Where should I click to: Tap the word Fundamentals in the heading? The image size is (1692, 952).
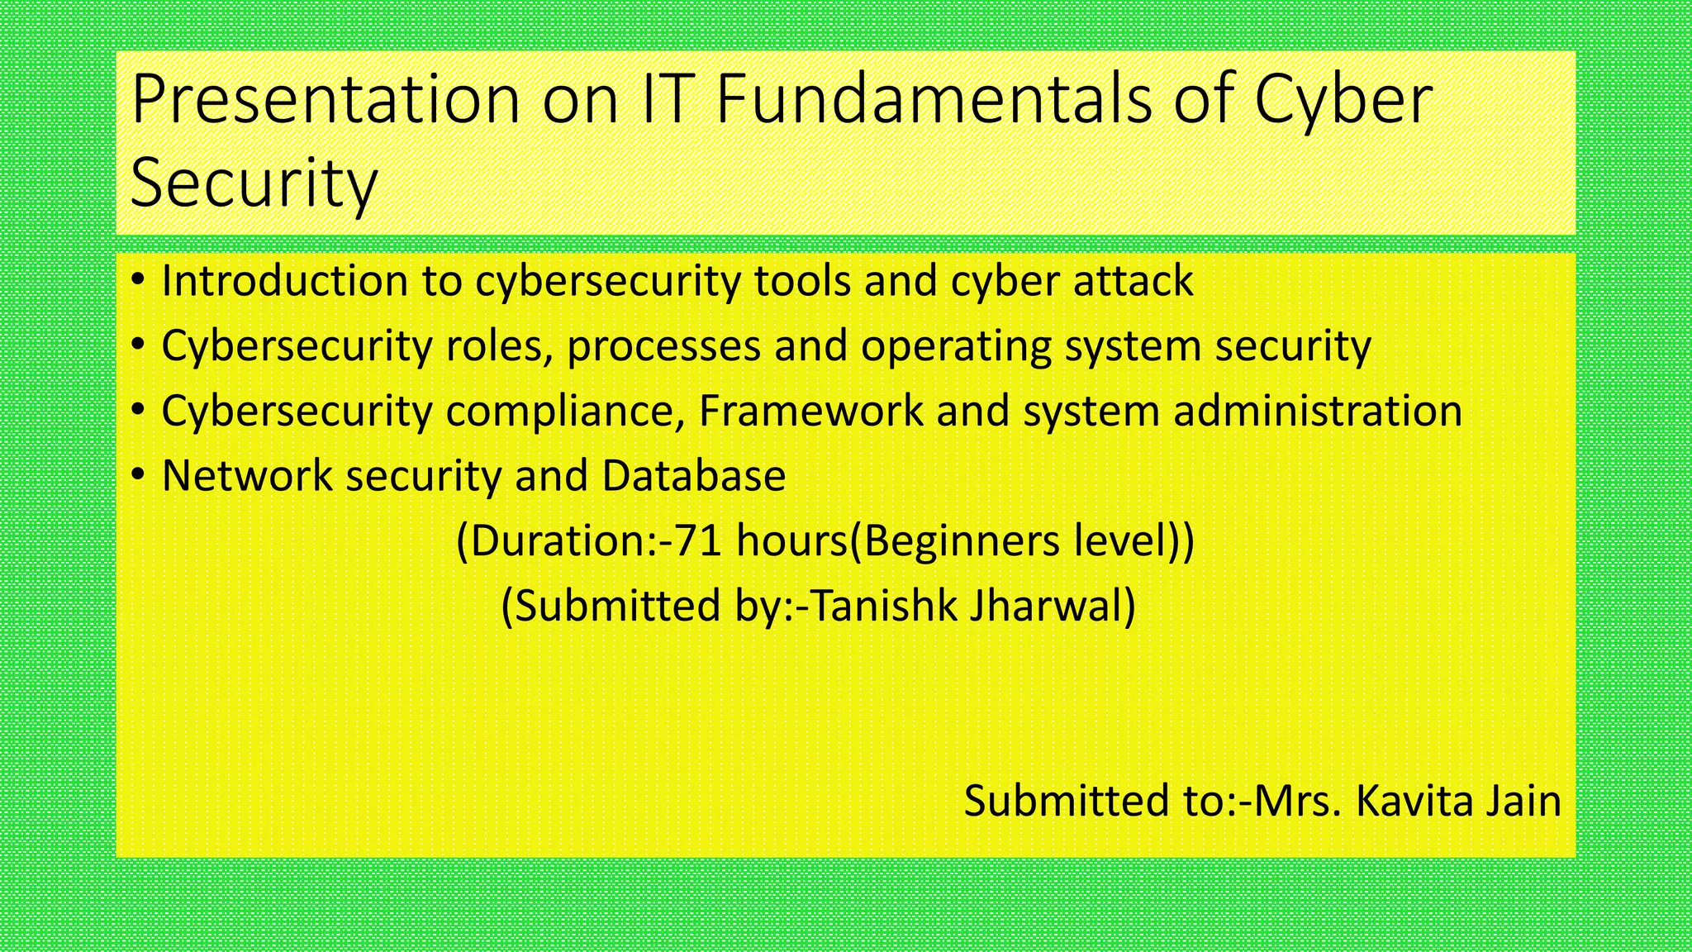tap(934, 99)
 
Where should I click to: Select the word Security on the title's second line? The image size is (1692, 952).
tap(254, 183)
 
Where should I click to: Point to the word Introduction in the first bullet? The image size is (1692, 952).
tap(285, 281)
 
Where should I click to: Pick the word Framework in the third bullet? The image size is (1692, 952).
tap(810, 411)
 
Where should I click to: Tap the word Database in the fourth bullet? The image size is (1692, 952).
tap(694, 476)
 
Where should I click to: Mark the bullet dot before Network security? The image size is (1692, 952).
tap(138, 475)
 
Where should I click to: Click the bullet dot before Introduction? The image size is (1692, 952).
tap(138, 280)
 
